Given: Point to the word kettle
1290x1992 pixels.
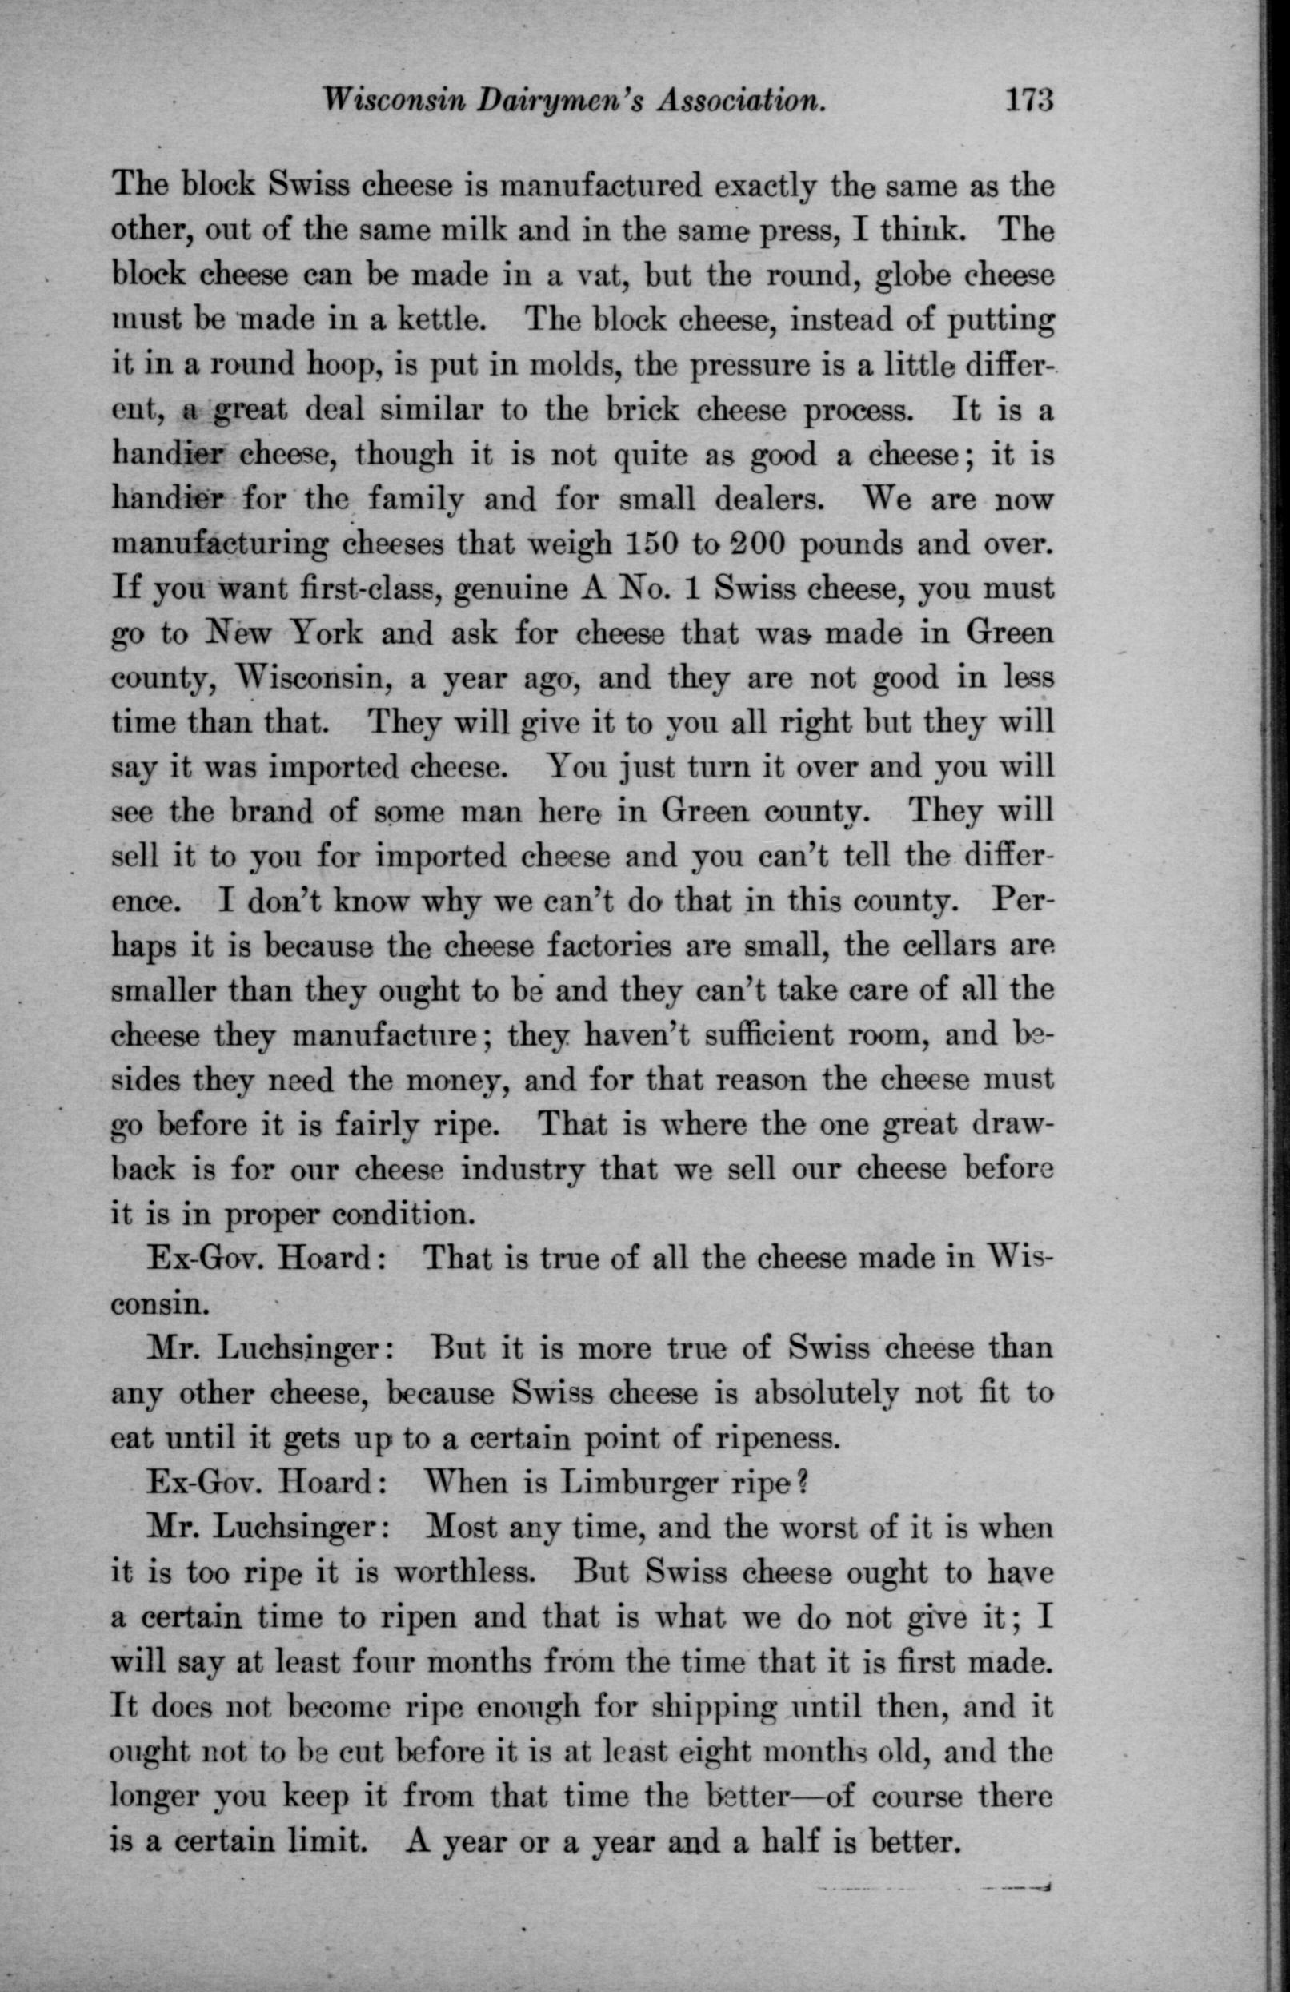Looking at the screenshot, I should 430,321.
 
